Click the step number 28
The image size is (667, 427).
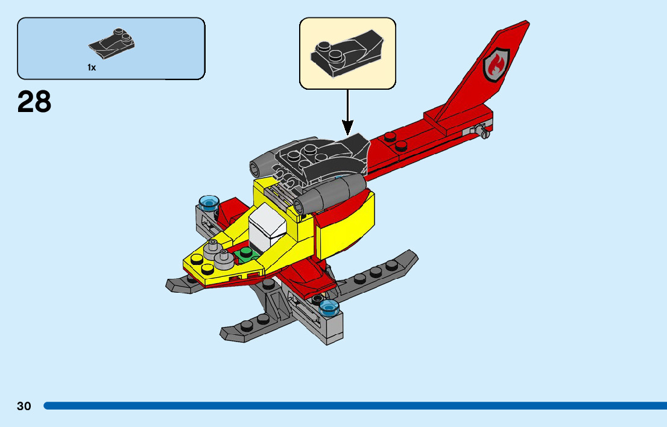(34, 102)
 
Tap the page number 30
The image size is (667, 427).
(24, 406)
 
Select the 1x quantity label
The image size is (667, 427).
(92, 68)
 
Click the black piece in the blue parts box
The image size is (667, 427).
(112, 44)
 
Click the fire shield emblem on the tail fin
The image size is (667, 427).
(496, 63)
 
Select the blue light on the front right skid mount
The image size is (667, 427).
(329, 308)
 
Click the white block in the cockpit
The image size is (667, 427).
(266, 226)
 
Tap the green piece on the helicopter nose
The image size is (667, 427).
(245, 255)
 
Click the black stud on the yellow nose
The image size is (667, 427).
(197, 260)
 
